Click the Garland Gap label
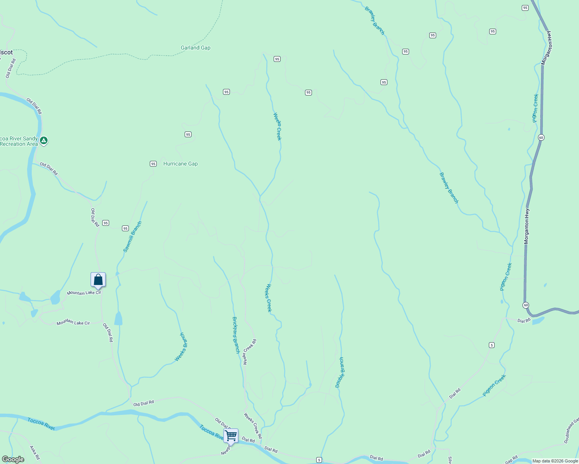195,48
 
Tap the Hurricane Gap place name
180,164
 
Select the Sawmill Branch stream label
133,237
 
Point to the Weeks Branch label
181,347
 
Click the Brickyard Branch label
236,335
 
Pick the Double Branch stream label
339,372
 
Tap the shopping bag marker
98,280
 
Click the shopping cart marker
231,436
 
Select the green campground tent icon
44,140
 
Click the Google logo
13,459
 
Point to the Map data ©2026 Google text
555,461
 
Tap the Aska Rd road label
35,452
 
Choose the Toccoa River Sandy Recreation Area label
19,142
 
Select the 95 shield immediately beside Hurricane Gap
153,164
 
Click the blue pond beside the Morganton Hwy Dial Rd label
538,321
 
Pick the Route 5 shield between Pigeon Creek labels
492,345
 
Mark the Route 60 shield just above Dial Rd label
526,305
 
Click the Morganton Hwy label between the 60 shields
526,226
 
